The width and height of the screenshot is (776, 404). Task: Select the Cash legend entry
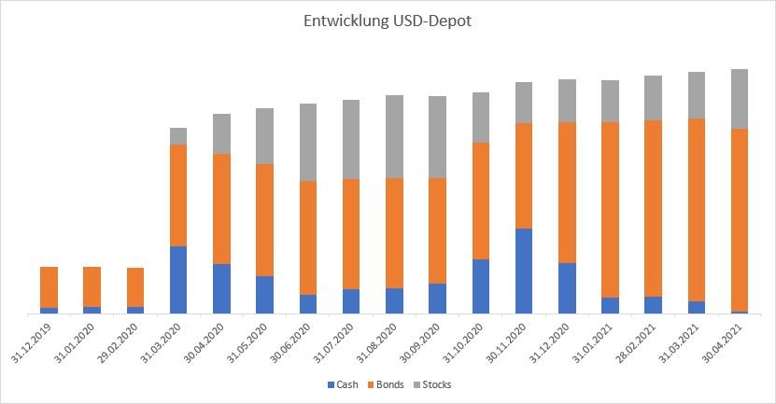(345, 384)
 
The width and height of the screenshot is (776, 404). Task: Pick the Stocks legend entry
(436, 384)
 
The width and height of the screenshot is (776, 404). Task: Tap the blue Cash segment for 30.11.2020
(524, 271)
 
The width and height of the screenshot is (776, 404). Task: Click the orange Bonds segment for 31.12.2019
(49, 287)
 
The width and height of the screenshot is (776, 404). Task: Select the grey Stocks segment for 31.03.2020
(178, 136)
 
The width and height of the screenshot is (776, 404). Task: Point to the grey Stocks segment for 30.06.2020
(308, 142)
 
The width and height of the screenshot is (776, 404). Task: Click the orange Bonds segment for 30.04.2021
(740, 220)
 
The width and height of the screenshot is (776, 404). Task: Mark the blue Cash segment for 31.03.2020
(178, 280)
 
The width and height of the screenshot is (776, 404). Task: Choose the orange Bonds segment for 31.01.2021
(611, 210)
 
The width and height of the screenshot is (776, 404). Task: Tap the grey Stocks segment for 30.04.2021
(740, 99)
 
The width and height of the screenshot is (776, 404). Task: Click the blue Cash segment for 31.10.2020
(481, 286)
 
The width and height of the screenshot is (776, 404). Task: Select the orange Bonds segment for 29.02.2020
(135, 287)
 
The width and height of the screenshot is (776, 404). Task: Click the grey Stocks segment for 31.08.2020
(394, 136)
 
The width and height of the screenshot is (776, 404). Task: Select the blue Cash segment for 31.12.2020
(567, 288)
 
